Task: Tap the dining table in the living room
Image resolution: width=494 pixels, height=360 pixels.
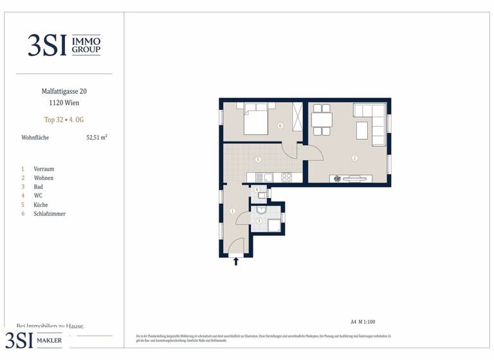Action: (x=322, y=120)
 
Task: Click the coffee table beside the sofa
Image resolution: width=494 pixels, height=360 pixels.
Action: (x=361, y=130)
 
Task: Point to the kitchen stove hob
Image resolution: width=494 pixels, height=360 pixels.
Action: (x=286, y=177)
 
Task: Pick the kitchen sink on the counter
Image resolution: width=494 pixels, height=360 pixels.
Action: (x=260, y=177)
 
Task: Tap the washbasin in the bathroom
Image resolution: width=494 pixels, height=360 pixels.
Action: (x=261, y=209)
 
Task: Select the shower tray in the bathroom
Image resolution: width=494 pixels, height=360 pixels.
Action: (x=275, y=225)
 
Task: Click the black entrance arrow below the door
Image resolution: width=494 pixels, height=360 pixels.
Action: (x=236, y=261)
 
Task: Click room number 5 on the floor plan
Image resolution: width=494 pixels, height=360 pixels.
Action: (x=257, y=159)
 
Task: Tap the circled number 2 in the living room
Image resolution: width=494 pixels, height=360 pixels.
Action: (x=354, y=157)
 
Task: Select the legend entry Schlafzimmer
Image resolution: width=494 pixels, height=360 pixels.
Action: (x=50, y=213)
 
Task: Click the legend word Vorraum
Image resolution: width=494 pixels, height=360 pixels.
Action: (x=44, y=168)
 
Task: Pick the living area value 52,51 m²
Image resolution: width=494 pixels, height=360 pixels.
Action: (x=96, y=137)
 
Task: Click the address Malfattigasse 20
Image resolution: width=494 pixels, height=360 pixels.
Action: (x=64, y=91)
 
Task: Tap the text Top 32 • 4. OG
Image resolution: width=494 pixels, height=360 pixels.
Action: (x=64, y=120)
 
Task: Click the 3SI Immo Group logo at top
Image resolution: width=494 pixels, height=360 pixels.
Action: (x=64, y=45)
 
